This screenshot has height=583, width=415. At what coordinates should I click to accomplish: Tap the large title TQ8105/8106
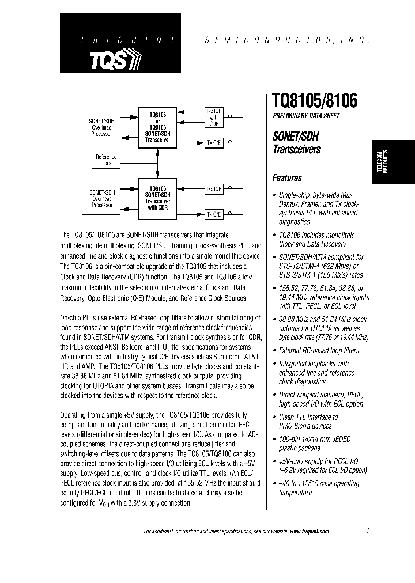coord(315,101)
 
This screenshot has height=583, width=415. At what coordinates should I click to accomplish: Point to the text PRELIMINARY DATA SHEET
coord(305,116)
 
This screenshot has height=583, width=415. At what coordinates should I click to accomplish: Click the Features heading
coord(287,178)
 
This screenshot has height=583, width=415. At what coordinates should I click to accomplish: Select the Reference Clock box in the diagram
coord(106,160)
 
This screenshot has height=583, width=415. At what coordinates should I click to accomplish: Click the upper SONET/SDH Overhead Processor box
coord(101,127)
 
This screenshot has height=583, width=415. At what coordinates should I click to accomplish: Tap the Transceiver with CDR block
coord(157,199)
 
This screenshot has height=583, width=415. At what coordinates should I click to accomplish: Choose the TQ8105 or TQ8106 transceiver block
coord(157,127)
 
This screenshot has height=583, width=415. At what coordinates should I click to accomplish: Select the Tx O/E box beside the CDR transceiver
coord(214,214)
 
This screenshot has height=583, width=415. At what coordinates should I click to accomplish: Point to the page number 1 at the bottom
coord(367,531)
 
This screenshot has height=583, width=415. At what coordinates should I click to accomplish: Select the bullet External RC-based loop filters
coord(319,350)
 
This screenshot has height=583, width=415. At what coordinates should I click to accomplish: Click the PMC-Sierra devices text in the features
coord(305,426)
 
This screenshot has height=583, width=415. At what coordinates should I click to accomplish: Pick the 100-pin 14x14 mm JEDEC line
coord(315,439)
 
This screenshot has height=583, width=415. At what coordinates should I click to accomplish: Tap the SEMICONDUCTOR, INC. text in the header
coord(286,41)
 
